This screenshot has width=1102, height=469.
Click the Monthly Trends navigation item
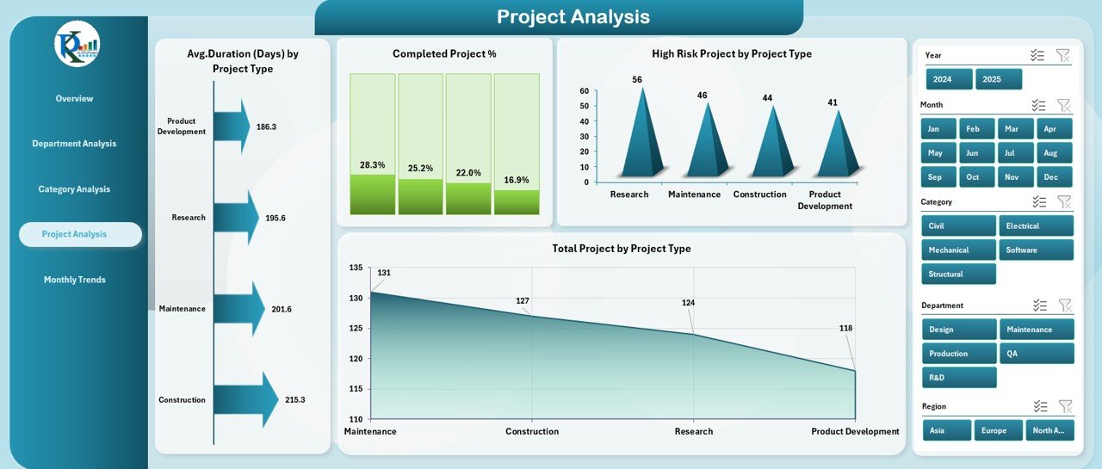coord(74,280)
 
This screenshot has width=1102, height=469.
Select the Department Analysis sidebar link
coord(74,144)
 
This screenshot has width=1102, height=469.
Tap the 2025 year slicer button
coord(999,79)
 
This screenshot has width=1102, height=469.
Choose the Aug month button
coord(1050,153)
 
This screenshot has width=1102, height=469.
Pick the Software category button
coord(1036,250)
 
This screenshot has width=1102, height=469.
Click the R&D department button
coord(958,378)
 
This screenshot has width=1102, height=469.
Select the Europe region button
coord(998,430)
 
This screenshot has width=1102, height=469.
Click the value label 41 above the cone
coord(833,102)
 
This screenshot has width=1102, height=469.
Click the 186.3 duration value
coord(266,127)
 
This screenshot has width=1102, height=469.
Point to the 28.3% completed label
coord(372,165)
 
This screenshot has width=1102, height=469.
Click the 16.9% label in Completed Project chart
coord(517,180)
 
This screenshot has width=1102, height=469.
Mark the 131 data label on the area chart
coord(384,274)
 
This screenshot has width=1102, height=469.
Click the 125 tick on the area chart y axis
coord(356,328)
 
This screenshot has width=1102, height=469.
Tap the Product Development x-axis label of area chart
coord(855,432)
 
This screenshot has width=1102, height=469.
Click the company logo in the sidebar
coord(77,45)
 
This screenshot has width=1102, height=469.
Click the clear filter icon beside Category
coord(1064,202)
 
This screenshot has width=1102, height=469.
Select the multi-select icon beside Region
coord(1040,406)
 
